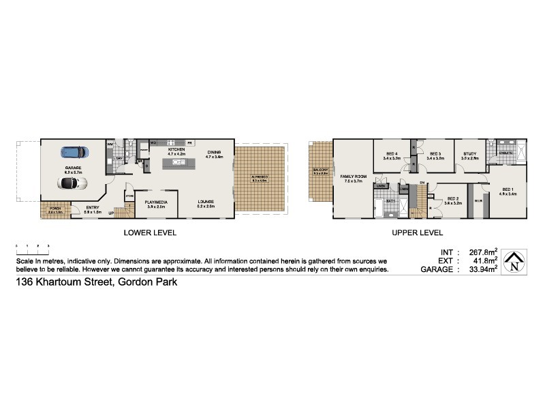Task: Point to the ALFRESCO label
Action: click(x=261, y=178)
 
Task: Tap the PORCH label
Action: click(x=55, y=209)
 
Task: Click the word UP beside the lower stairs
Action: click(x=111, y=213)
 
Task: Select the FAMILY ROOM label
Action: click(x=355, y=176)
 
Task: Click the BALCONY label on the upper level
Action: click(x=320, y=170)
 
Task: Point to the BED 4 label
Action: click(x=390, y=154)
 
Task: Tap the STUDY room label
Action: click(x=469, y=154)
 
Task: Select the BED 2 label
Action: click(x=453, y=198)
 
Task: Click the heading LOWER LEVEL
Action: click(x=150, y=232)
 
